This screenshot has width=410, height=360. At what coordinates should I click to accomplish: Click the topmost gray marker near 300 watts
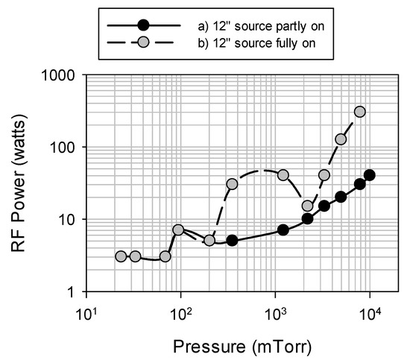360,112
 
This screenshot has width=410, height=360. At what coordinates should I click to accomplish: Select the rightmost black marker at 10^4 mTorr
370,175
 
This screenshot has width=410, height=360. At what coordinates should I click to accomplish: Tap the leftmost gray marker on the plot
121,256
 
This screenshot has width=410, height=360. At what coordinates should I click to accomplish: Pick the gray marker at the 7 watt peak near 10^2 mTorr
178,230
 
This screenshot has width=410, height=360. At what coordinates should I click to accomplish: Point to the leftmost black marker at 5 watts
233,240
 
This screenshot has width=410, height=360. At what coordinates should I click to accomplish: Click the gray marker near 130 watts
341,139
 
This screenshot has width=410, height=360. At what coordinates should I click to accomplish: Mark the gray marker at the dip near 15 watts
307,206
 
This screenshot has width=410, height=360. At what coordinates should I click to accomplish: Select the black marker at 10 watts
307,218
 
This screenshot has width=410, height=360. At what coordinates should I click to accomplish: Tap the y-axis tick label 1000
63,76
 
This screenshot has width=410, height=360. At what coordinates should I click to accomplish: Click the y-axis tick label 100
67,148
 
